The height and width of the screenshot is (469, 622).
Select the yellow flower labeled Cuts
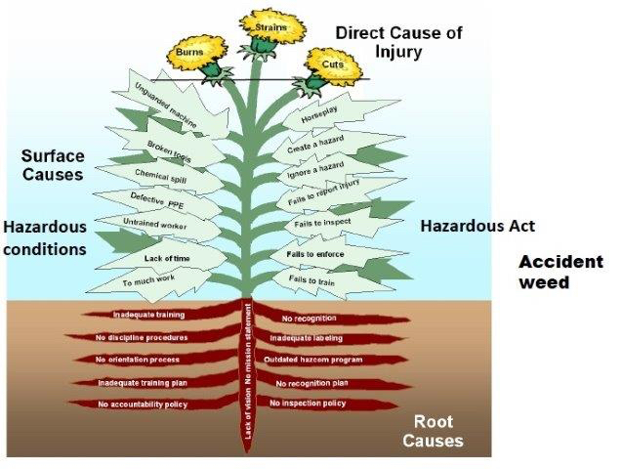click(333, 64)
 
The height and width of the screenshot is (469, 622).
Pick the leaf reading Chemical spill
click(165, 178)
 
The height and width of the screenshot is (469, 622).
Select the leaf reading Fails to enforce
click(314, 253)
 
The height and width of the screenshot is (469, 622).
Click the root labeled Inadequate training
click(149, 316)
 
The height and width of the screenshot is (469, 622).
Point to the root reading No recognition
click(311, 319)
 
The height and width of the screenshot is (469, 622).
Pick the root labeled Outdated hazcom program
click(313, 360)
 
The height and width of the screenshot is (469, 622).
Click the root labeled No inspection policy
click(309, 403)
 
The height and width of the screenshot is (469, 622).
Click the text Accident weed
click(551, 272)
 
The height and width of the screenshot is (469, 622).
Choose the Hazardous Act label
click(477, 226)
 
